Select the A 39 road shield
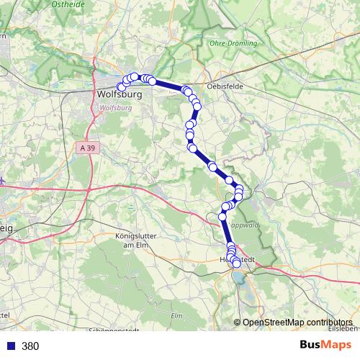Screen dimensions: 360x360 [x=86, y=146]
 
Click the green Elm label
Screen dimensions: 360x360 [x=177, y=315]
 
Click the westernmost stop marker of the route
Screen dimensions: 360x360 [x=121, y=87]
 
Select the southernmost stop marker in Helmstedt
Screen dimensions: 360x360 [x=237, y=264]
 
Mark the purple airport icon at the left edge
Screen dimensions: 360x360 [x=2, y=181]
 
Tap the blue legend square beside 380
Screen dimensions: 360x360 [x=9, y=346]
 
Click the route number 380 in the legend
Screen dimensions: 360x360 [x=30, y=346]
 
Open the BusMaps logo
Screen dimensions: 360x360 [x=326, y=345]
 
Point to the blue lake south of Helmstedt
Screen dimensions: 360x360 [x=238, y=276]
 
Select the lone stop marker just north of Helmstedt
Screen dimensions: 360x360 [x=222, y=216]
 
